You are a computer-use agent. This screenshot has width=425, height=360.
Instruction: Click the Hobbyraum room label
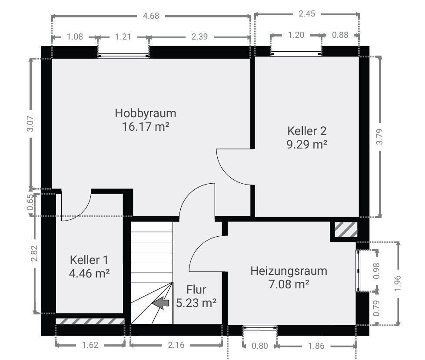point(146,113)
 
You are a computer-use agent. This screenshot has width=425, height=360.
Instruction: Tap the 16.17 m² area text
point(146,126)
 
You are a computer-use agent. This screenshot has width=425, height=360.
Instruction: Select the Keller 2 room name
point(307,131)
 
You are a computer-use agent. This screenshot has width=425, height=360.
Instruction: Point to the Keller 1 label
point(89,260)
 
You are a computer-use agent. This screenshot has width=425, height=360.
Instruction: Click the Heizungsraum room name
point(289,271)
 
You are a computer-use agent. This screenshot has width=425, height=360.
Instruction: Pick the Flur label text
point(196,290)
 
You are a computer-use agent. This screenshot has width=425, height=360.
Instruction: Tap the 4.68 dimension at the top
point(151,16)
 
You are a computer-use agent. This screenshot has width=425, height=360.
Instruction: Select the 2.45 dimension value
point(307,13)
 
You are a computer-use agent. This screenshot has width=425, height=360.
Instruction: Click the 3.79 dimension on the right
point(380,136)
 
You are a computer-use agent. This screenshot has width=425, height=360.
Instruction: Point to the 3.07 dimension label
point(30,123)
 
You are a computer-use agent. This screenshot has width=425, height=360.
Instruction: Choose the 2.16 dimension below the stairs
point(176,345)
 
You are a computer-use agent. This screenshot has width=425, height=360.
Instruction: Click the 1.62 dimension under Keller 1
point(90,345)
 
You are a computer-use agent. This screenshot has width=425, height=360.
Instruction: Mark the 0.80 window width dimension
point(260,346)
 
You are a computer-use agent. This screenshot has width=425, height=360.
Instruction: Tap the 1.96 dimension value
point(397,283)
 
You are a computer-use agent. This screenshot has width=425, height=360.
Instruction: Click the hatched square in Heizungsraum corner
point(346,230)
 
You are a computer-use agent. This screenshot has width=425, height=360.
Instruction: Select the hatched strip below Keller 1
point(90,321)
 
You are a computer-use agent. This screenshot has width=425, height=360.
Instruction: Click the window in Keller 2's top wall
point(296,54)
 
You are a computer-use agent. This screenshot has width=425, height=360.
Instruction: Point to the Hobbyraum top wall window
point(123,56)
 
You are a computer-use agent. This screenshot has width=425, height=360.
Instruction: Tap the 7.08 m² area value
point(289,284)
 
